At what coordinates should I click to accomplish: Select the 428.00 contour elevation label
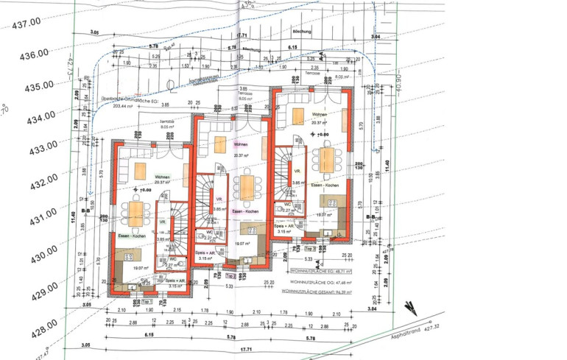pyautogui.click(x=39, y=324)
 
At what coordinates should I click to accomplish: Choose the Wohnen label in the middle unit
pyautogui.click(x=242, y=144)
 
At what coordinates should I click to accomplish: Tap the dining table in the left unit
pyautogui.click(x=136, y=213)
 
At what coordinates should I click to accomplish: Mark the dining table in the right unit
pyautogui.click(x=325, y=160)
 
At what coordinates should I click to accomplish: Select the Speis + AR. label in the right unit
pyautogui.click(x=286, y=225)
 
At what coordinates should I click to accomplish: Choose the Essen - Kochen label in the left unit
pyautogui.click(x=130, y=236)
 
